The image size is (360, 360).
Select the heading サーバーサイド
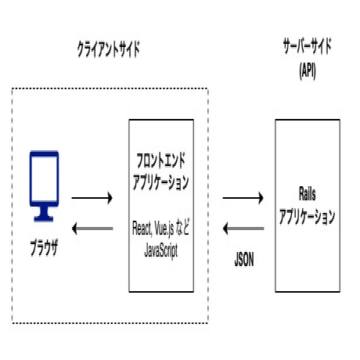(306, 45)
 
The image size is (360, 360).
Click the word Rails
(307, 193)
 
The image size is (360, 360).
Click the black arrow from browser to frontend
(92, 198)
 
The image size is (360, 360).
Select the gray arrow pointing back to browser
(92, 228)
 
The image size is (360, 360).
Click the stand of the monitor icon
(44, 211)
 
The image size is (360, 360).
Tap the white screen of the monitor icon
(44, 177)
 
